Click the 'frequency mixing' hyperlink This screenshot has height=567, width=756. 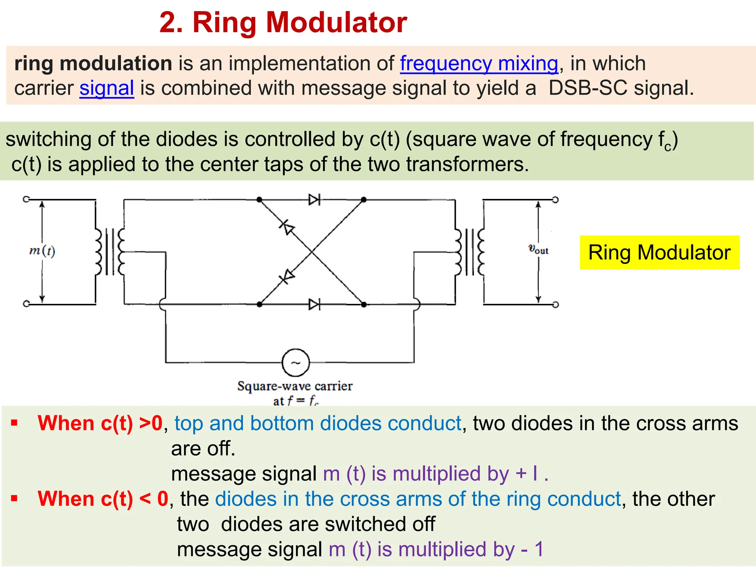tap(479, 63)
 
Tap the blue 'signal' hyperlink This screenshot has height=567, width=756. tap(107, 88)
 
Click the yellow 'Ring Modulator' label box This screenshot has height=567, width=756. tap(659, 252)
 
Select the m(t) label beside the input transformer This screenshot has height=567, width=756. tap(42, 251)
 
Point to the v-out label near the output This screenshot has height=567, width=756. tap(538, 250)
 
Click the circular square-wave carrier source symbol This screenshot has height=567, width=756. tap(296, 362)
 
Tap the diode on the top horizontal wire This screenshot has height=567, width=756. tap(314, 200)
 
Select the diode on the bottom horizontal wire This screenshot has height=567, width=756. tap(314, 305)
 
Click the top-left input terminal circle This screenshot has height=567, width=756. tap(26, 199)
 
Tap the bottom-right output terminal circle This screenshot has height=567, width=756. tap(555, 305)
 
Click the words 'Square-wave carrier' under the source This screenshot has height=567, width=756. tap(295, 386)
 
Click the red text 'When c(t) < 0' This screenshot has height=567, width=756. tap(103, 499)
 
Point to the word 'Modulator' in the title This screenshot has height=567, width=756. tap(336, 23)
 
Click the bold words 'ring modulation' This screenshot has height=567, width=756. tap(93, 63)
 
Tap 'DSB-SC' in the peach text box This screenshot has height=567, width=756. tap(588, 88)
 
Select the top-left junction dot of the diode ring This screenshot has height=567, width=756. tap(260, 200)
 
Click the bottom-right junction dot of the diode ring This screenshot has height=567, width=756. tap(364, 305)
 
